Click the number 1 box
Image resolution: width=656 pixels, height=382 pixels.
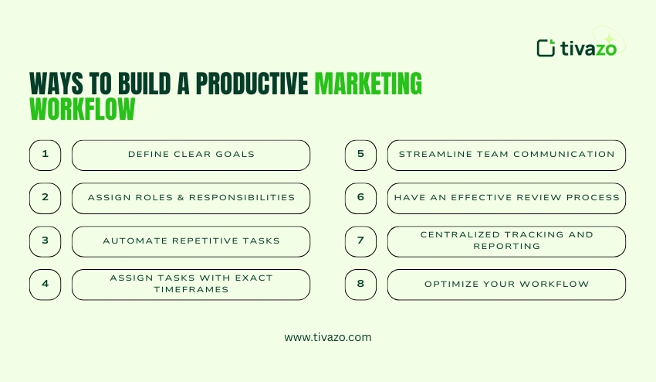45,155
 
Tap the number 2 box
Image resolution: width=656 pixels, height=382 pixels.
45,198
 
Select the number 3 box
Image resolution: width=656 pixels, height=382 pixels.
45,241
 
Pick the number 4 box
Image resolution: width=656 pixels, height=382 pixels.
45,284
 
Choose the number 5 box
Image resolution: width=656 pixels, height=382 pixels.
360,155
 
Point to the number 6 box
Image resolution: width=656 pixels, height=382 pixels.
360,198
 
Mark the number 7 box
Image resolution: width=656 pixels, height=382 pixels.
360,241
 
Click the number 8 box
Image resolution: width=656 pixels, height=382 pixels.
360,284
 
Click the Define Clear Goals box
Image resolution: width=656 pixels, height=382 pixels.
191,155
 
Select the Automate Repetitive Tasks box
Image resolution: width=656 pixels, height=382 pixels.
191,241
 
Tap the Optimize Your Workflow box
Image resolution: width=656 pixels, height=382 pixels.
506,284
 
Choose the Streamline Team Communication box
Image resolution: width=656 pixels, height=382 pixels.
506,155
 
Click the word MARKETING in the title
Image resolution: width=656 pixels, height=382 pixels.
368,84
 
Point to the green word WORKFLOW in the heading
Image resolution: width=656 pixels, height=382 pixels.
82,109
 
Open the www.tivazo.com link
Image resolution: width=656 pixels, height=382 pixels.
328,337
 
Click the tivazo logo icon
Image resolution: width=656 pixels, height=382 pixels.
546,48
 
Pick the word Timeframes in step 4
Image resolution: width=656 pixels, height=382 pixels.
191,289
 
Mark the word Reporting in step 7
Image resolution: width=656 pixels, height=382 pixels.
506,247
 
